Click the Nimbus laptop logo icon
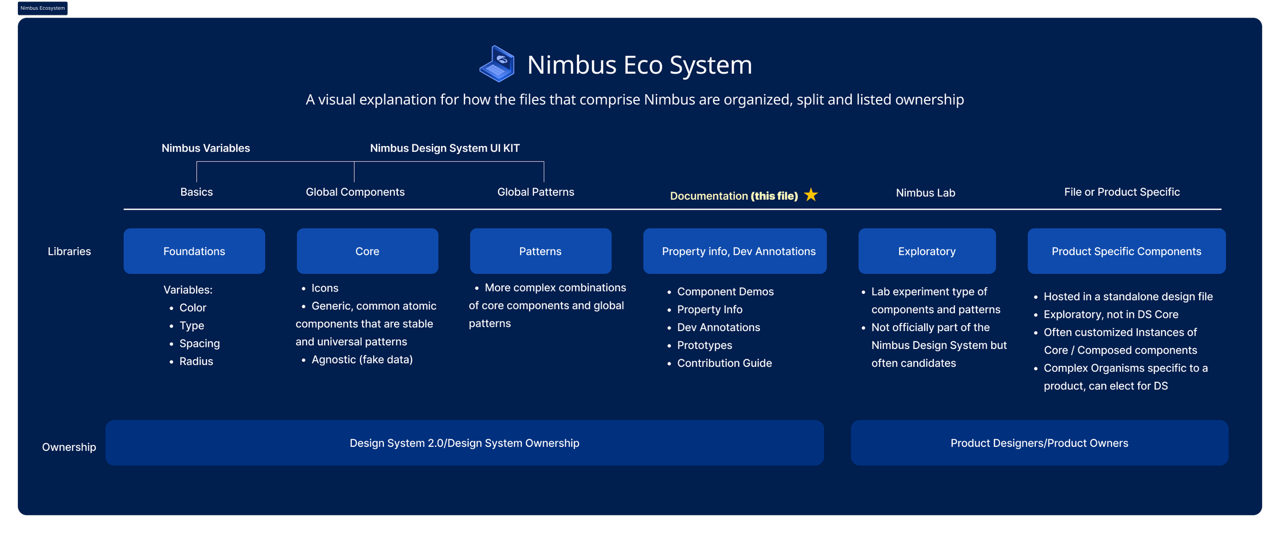pos(497,64)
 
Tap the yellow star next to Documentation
pos(811,195)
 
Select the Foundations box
pos(194,251)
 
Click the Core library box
pos(367,251)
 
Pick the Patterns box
pos(540,251)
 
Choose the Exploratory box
pos(927,251)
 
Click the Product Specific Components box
pos(1126,251)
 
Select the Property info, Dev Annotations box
pos(735,251)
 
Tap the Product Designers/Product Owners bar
pos(1039,443)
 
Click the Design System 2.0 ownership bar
pos(464,443)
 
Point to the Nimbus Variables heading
pos(206,148)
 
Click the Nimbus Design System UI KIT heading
pos(444,148)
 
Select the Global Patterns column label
pos(536,192)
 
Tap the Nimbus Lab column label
pos(925,193)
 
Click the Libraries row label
pos(69,251)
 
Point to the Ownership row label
pos(69,447)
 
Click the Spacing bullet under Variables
pos(199,343)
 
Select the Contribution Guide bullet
pos(724,363)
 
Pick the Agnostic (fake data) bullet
pos(361,359)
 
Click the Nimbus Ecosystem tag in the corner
pos(42,8)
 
